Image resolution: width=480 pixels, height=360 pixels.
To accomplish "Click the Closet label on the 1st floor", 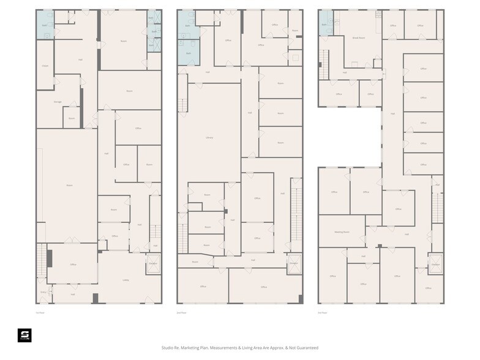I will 45,66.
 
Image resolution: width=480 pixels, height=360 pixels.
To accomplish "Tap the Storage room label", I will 58,102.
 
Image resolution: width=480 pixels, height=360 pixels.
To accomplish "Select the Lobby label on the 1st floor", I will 126,280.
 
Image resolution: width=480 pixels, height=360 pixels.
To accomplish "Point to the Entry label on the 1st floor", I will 43,293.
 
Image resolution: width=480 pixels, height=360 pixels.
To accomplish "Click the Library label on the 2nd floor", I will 209,138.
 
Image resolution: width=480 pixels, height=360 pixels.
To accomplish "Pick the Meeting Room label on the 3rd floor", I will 342,232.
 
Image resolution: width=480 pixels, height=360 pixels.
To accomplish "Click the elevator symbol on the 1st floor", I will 152,263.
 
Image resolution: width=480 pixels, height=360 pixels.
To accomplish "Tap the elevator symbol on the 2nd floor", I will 294,264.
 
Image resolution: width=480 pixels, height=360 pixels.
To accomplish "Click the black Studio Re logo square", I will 24,336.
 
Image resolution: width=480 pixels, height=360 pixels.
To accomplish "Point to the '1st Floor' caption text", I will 40,312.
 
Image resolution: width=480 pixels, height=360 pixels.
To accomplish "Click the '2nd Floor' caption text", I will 182,312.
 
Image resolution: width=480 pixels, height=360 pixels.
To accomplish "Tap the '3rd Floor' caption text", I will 323,312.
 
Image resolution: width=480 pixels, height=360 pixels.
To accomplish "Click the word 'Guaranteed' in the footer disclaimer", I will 306,348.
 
